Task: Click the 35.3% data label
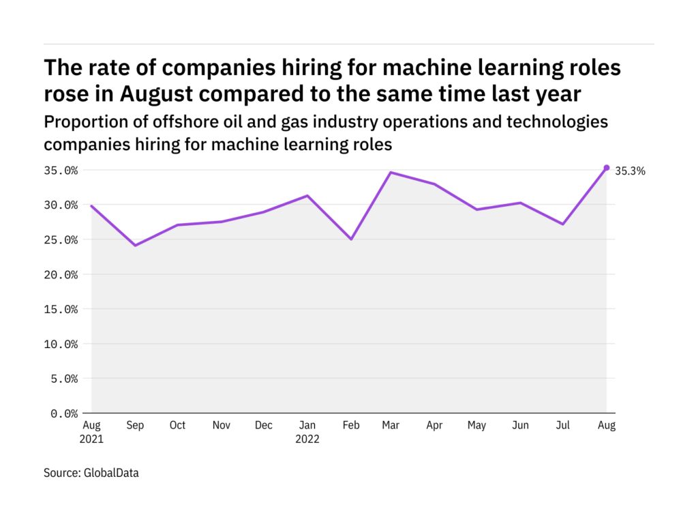630,171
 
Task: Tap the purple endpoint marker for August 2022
607,168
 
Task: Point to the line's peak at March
391,173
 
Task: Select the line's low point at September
135,245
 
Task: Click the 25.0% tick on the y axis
61,239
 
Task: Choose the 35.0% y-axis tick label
61,171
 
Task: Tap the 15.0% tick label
61,309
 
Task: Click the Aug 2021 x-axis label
91,432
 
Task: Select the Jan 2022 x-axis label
307,432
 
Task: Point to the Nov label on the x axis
221,426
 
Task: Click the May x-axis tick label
477,426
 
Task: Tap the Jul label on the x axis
563,426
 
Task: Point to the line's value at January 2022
307,196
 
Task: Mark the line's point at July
563,224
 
